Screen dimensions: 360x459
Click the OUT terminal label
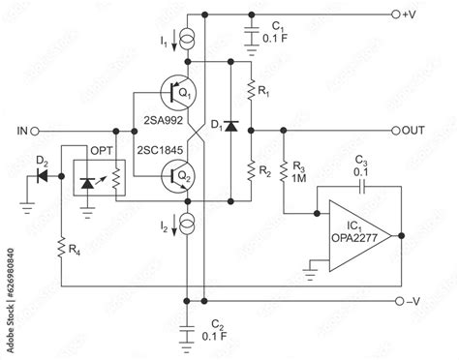[x=413, y=130]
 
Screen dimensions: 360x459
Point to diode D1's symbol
[x=231, y=129]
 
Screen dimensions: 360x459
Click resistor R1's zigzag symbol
[x=251, y=92]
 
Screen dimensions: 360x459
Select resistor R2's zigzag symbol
[x=251, y=166]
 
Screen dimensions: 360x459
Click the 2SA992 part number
[x=160, y=121]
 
